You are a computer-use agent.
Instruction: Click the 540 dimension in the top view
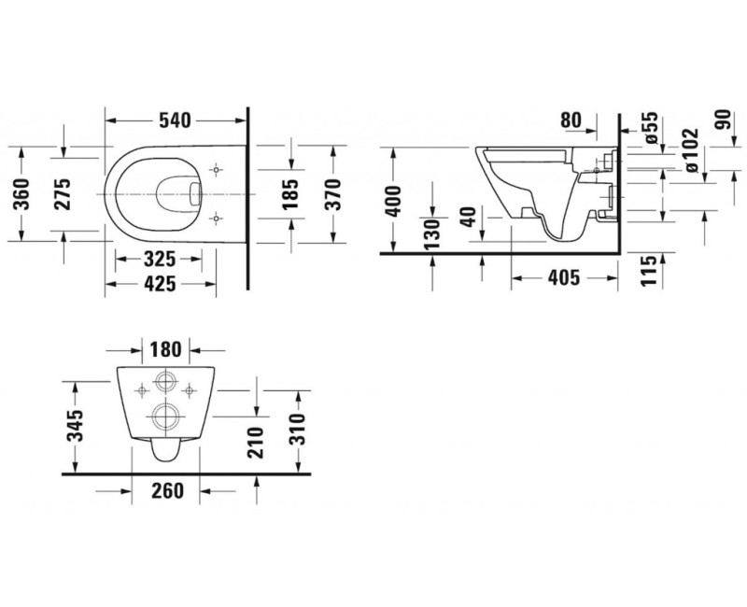coord(175,120)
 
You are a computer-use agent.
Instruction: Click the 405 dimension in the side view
coord(562,277)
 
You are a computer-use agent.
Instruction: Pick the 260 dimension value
coord(164,490)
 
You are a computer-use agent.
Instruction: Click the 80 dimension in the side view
coord(571,120)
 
